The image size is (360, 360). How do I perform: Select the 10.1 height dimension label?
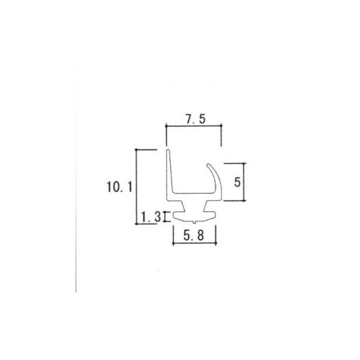pyautogui.click(x=119, y=187)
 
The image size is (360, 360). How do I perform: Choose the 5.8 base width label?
pyautogui.click(x=194, y=236)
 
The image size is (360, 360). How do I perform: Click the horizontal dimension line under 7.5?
pyautogui.click(x=194, y=126)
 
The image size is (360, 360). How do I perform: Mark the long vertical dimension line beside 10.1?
pyautogui.click(x=137, y=186)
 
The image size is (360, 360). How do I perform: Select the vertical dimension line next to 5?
pyautogui.click(x=244, y=183)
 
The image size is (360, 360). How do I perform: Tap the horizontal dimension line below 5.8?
pyautogui.click(x=194, y=244)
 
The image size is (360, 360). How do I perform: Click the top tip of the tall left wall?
pyautogui.click(x=169, y=151)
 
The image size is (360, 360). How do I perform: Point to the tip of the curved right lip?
pyautogui.click(x=208, y=165)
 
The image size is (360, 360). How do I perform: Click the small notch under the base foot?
pyautogui.click(x=194, y=222)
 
